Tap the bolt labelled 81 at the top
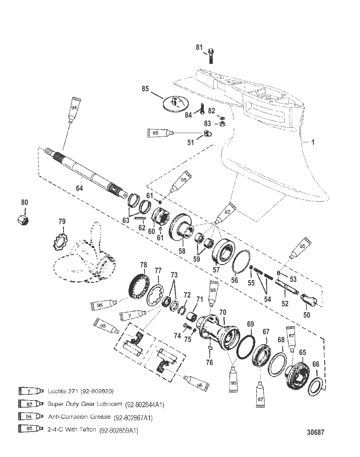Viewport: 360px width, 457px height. coord(211,56)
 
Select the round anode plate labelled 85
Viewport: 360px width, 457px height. coord(176,104)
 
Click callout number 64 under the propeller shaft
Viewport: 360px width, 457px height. coord(79,188)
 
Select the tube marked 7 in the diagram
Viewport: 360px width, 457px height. coord(133,316)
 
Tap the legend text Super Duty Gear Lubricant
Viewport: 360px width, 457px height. coord(85,404)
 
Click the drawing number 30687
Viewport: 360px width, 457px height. coord(316,432)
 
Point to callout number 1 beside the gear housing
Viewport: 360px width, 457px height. coord(312,142)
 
